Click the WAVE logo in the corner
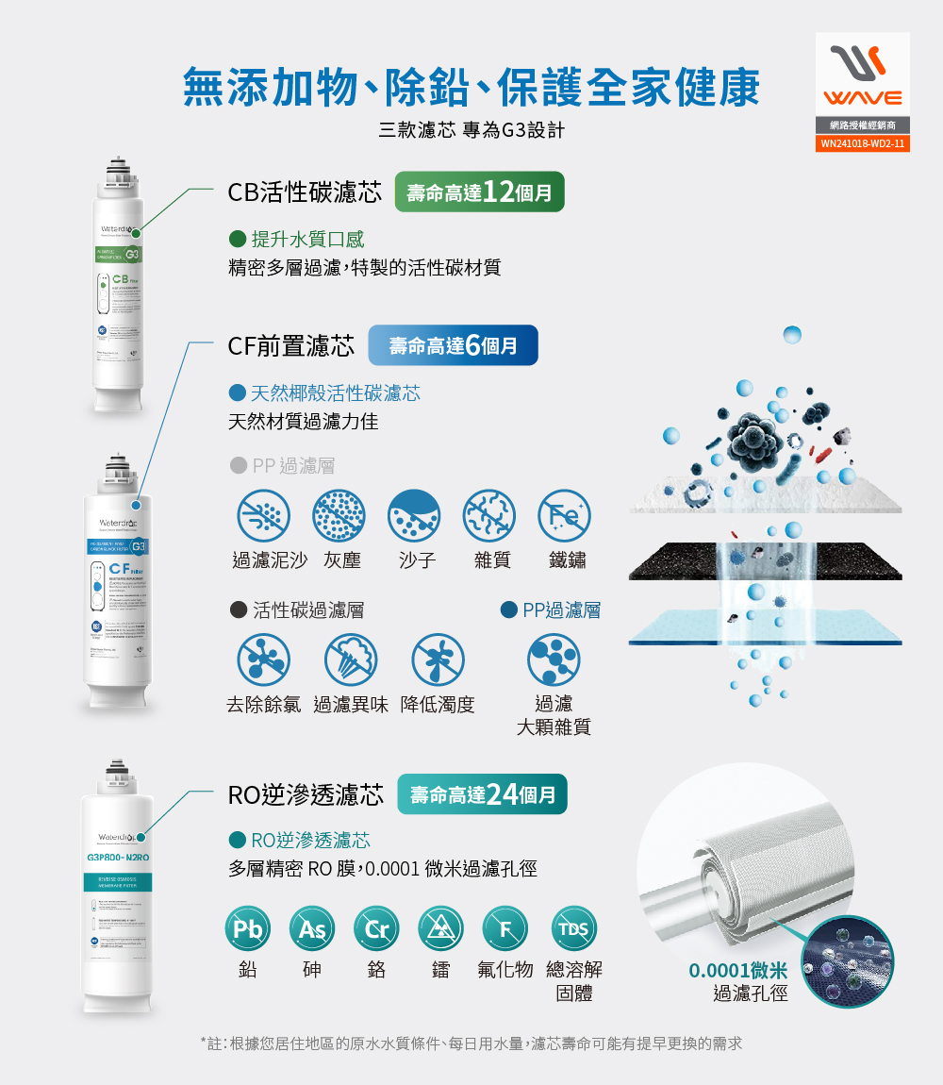pos(862,75)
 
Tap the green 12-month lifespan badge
pos(479,192)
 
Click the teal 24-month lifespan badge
pos(483,794)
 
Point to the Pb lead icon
pos(248,929)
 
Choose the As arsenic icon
pos(312,929)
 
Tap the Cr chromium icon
pos(376,929)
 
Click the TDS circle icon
pos(573,929)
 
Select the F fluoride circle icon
pos(505,929)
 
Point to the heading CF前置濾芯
pos(290,346)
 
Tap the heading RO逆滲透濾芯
pos(306,795)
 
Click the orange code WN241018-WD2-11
pos(862,144)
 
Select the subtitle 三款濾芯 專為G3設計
pos(471,130)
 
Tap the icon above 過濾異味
pos(351,659)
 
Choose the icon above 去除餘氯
pos(263,659)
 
